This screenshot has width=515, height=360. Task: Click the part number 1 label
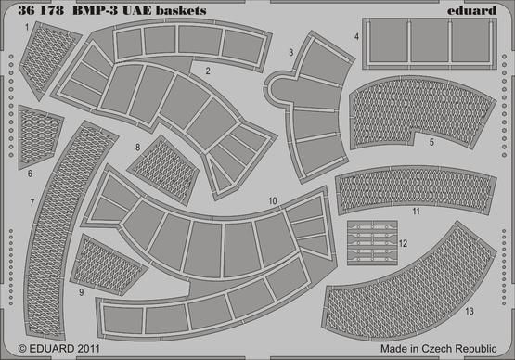point(27,28)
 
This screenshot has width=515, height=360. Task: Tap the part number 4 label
point(356,37)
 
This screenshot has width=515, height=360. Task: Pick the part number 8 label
point(137,148)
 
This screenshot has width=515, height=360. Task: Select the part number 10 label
point(272,200)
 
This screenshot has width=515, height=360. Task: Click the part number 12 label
point(403,243)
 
